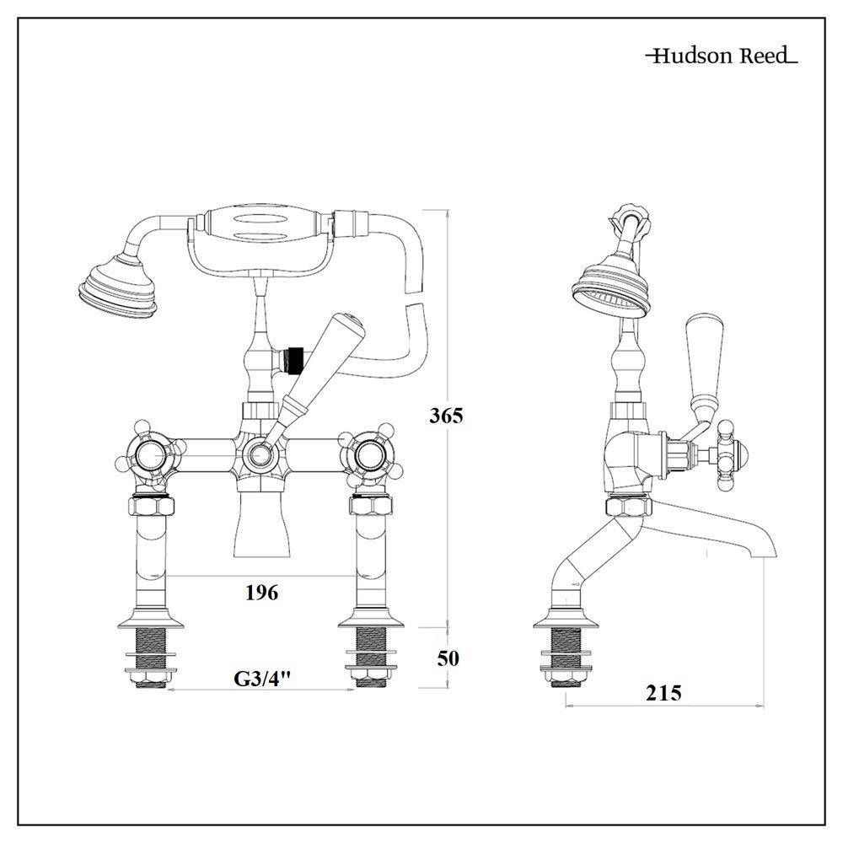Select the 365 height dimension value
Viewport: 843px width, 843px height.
tap(445, 416)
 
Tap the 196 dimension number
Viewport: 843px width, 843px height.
tap(261, 593)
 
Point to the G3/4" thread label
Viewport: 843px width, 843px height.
tap(261, 679)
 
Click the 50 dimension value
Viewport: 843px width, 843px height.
tap(448, 658)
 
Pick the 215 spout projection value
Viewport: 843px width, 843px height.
tap(663, 693)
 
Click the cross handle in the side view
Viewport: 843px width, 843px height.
tap(723, 455)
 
